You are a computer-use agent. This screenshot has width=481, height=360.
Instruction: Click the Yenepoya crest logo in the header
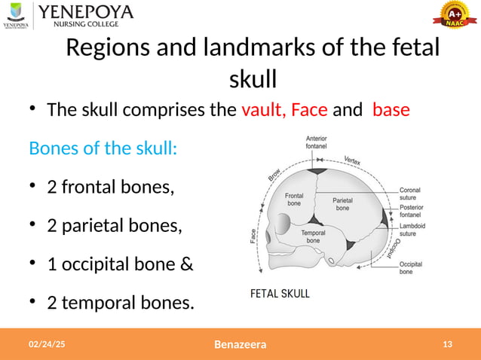[x=17, y=14]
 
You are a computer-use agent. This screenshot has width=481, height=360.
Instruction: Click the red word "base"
[x=391, y=110]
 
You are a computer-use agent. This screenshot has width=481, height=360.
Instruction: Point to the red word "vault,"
[x=264, y=110]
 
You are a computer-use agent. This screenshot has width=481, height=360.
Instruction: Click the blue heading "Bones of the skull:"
[x=103, y=148]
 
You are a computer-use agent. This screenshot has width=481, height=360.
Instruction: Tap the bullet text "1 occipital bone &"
[x=120, y=264]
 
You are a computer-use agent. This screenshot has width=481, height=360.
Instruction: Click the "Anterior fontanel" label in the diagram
[x=317, y=142]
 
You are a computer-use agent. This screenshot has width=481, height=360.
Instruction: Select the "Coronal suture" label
[x=410, y=195]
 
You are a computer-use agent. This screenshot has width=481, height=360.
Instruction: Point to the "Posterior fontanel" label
[x=412, y=212]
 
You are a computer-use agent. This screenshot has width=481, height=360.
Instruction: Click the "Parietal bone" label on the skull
[x=343, y=203]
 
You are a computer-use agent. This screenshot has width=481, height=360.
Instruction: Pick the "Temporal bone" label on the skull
[x=313, y=236]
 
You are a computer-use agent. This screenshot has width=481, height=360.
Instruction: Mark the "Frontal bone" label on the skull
[x=294, y=199]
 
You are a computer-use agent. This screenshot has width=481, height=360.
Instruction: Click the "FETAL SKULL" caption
[x=280, y=294]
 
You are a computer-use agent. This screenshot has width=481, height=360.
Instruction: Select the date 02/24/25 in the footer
[x=47, y=344]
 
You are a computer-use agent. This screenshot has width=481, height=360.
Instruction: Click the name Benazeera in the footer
[x=240, y=345]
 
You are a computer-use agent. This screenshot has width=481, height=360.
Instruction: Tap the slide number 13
[x=448, y=344]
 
